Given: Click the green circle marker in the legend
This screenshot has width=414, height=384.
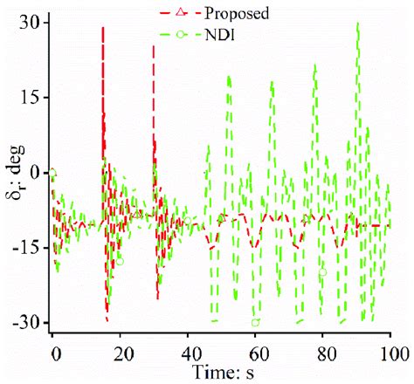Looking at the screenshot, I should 179,36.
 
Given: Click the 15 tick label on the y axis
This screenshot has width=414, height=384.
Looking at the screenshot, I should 31,97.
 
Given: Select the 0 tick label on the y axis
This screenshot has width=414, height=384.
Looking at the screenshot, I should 36,172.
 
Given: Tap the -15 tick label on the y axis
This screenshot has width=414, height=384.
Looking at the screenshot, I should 27,247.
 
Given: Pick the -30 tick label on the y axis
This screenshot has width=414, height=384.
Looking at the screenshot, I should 27,322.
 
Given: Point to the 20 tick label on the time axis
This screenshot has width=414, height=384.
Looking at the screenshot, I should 121,354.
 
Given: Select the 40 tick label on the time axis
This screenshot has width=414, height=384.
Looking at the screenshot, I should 188,354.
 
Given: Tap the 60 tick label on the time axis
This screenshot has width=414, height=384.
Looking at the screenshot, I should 256,354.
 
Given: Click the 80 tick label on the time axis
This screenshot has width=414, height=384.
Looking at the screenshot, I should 323,354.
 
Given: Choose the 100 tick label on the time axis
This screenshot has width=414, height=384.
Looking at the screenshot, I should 390,354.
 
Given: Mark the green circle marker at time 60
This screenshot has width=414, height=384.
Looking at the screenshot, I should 255,322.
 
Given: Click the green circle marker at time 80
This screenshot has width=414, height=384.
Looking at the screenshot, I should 322,271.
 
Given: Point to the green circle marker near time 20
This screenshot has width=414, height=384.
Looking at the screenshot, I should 120,260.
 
